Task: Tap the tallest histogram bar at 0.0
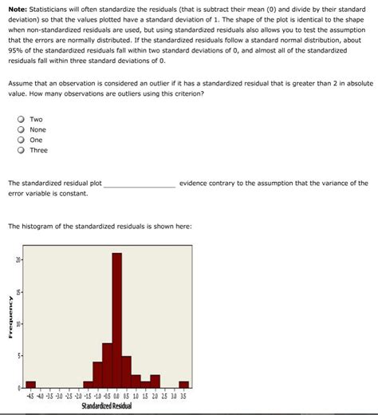(x=116, y=319)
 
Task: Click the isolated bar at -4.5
(x=31, y=384)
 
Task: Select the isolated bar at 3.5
(x=183, y=384)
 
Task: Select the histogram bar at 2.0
(x=155, y=381)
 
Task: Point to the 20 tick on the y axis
(x=18, y=260)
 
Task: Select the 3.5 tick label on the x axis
(x=183, y=395)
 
